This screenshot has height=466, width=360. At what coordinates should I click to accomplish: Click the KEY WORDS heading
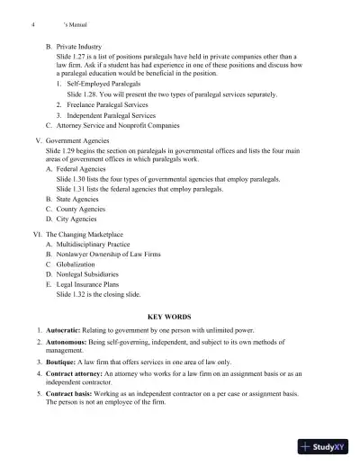(x=179, y=318)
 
